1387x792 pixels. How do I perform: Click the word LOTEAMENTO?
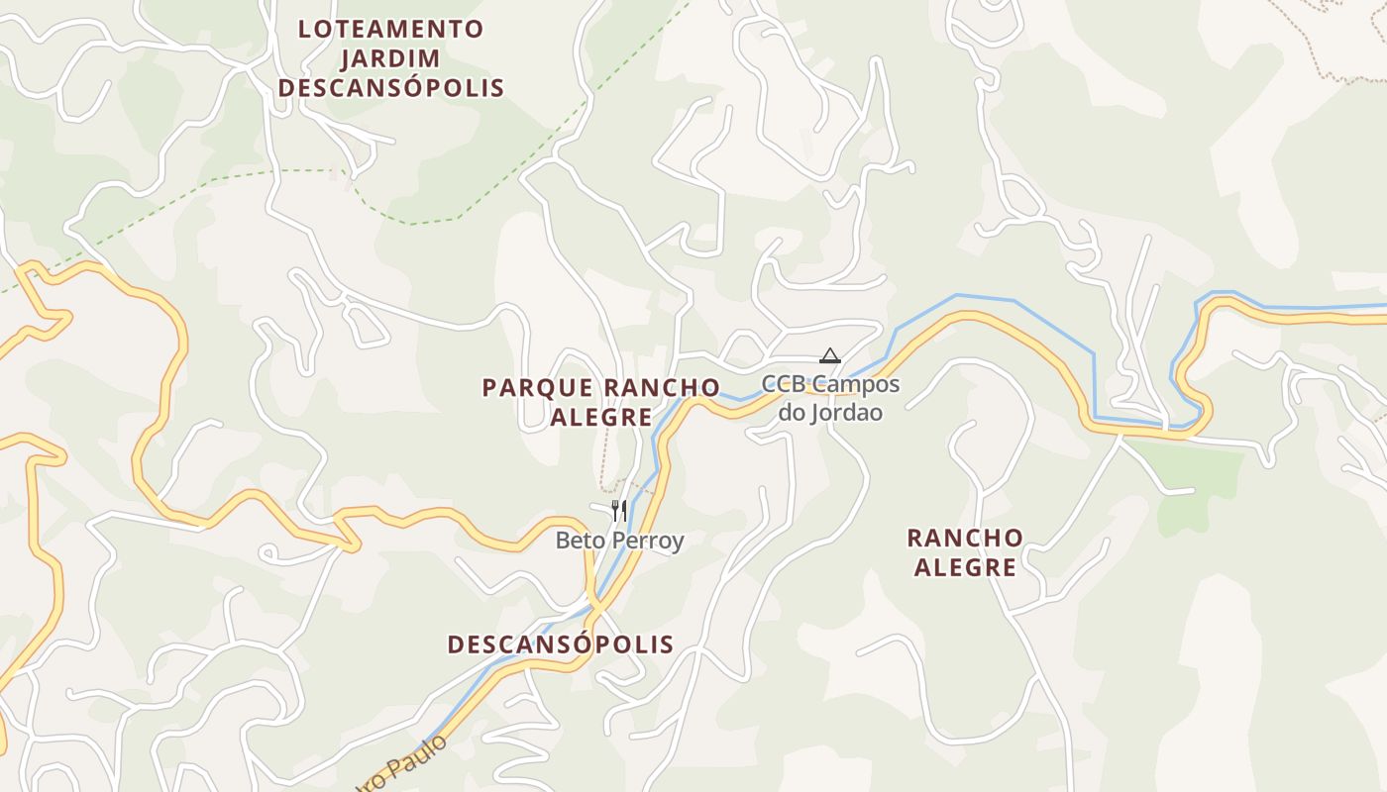point(390,29)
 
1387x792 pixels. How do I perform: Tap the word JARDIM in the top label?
point(390,58)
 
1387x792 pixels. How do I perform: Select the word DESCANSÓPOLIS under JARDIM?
point(390,88)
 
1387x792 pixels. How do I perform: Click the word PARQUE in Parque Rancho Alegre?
point(537,387)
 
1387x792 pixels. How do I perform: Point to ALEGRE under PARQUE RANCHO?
point(600,417)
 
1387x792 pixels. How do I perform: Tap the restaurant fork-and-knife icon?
point(618,510)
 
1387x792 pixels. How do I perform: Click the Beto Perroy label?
point(619,541)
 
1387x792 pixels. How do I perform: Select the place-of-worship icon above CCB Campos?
point(829,355)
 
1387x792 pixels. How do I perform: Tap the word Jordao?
point(848,412)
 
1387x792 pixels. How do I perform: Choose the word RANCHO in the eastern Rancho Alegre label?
point(965,538)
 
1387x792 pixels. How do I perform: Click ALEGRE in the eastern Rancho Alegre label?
point(965,567)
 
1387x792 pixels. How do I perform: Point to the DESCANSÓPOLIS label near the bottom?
point(560,644)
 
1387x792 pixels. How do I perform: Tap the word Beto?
point(578,541)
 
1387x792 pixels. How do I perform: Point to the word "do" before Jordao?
point(793,412)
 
